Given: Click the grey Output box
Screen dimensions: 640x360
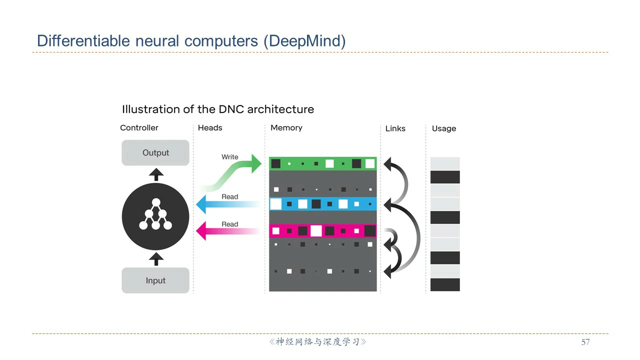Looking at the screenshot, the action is pyautogui.click(x=155, y=152).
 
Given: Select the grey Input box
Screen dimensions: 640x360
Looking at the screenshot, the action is pyautogui.click(x=155, y=280).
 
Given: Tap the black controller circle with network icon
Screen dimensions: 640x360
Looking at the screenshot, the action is pyautogui.click(x=155, y=216).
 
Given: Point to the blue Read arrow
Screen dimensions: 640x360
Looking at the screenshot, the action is pyautogui.click(x=228, y=204).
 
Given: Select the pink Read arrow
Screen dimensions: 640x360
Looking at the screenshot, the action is pyautogui.click(x=228, y=231).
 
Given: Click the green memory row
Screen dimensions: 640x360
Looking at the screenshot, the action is pyautogui.click(x=323, y=163).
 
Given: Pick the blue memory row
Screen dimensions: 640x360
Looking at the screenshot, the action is pyautogui.click(x=323, y=204).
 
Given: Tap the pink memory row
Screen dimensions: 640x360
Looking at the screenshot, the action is pyautogui.click(x=323, y=231).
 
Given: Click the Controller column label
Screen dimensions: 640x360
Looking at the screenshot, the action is pyautogui.click(x=139, y=127).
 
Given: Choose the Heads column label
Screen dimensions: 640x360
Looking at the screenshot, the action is pyautogui.click(x=210, y=127).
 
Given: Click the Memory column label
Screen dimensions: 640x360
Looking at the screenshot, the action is pyautogui.click(x=286, y=127).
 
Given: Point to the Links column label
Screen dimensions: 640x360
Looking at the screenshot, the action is pyautogui.click(x=395, y=128).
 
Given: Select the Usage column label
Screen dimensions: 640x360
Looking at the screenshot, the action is pyautogui.click(x=444, y=128).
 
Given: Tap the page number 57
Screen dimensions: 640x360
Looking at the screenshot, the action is pyautogui.click(x=585, y=342).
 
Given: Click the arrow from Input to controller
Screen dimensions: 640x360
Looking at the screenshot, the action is pyautogui.click(x=156, y=259).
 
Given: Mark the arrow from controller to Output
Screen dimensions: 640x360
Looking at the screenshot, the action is pyautogui.click(x=156, y=174).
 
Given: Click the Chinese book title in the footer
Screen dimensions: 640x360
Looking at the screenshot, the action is pyautogui.click(x=317, y=342).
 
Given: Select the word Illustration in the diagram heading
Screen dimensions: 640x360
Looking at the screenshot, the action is pyautogui.click(x=151, y=109).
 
